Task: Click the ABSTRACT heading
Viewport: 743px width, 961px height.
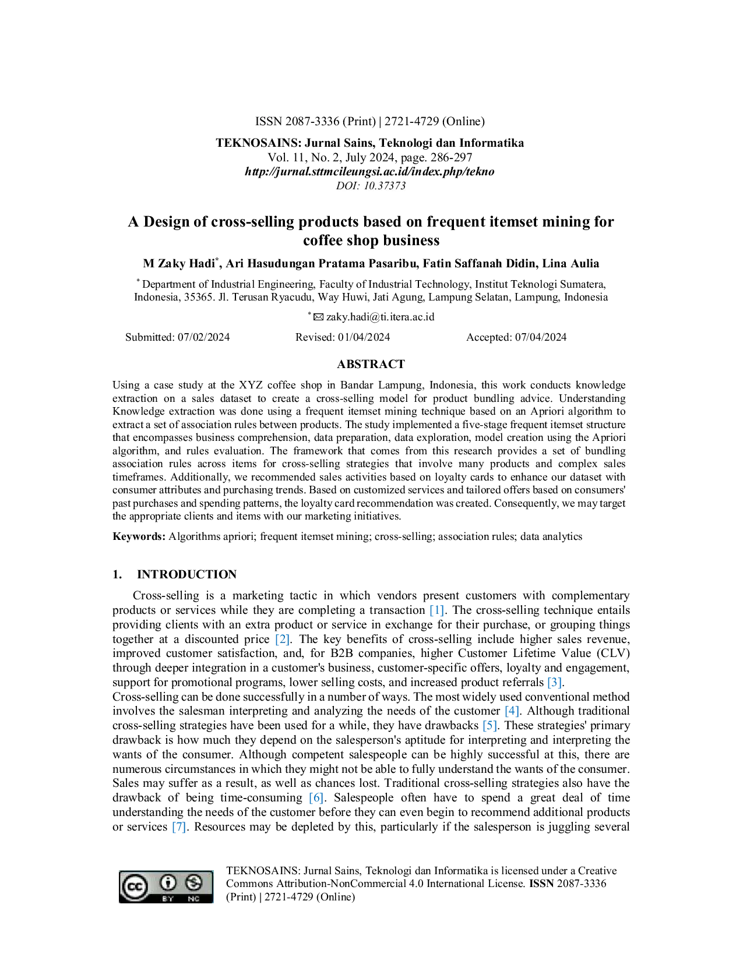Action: click(x=371, y=364)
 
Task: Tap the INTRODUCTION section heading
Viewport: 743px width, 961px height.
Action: click(x=186, y=574)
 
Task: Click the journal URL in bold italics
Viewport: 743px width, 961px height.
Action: click(x=369, y=171)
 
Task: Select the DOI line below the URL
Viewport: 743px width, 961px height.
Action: click(x=371, y=186)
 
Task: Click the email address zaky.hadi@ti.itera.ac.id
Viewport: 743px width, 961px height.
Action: click(x=380, y=317)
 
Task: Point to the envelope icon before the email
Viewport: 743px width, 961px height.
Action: click(x=318, y=317)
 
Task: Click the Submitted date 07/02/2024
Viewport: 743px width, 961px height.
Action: click(x=203, y=337)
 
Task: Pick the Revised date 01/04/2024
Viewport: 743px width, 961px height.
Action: click(x=364, y=337)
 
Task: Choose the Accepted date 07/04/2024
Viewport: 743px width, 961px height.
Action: click(x=541, y=337)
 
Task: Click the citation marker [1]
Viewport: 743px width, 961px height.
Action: click(x=437, y=610)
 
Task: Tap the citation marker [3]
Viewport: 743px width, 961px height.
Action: click(x=555, y=682)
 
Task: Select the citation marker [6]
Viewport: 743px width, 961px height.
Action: click(x=316, y=797)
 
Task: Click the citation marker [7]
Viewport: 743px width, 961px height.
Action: click(x=179, y=826)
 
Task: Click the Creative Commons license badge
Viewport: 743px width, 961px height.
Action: click(x=166, y=886)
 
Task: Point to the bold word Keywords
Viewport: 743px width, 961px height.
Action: click(x=139, y=536)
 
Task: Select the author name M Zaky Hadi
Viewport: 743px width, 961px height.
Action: click(x=179, y=263)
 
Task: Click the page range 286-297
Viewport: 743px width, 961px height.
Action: click(x=452, y=157)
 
